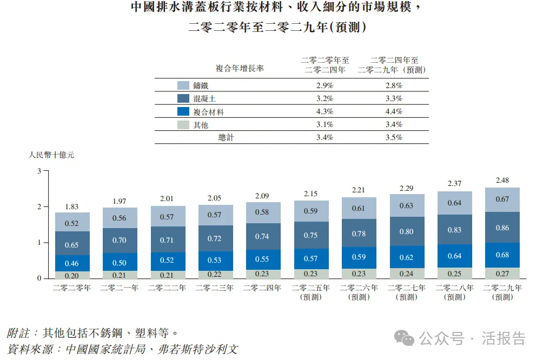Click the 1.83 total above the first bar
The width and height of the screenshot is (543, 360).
pos(72,206)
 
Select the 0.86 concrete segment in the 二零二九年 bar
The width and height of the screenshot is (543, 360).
pos(502,228)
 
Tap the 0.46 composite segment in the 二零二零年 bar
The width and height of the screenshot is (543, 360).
pos(72,263)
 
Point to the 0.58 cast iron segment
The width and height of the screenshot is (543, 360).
pos(263,212)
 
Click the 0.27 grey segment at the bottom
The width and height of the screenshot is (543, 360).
pos(502,274)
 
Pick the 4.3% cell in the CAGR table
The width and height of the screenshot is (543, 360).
pos(325,112)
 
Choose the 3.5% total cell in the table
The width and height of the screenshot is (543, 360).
pos(394,137)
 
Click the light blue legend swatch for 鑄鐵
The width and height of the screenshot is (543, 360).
pos(183,85)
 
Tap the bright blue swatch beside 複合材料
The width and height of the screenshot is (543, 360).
pos(183,112)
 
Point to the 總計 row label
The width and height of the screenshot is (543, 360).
pos(226,137)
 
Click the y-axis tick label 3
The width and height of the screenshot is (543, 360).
pos(39,171)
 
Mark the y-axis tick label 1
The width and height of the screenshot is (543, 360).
pos(39,243)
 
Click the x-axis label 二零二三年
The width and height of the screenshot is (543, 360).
pos(215,288)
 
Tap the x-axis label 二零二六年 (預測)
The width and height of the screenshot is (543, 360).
pos(359,292)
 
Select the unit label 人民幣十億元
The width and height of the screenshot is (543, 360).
pos(51,155)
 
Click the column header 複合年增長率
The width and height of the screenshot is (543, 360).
pos(240,69)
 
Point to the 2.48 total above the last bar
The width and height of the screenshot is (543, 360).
pos(502,181)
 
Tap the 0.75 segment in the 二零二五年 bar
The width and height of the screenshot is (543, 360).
pos(311,235)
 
